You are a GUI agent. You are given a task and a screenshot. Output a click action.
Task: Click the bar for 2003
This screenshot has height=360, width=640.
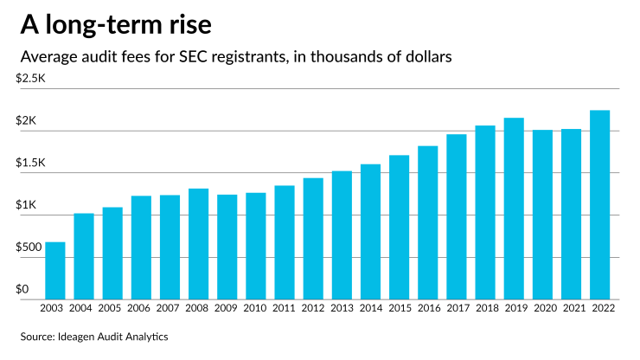tap(54, 270)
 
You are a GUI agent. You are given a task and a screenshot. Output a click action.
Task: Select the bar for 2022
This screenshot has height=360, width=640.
tap(599, 204)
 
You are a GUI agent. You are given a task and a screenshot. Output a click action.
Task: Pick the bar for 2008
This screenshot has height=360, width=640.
tap(198, 243)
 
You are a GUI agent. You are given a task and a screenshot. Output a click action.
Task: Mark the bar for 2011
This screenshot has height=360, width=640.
tap(285, 241)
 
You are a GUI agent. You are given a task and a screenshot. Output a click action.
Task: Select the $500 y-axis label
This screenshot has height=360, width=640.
tap(31, 247)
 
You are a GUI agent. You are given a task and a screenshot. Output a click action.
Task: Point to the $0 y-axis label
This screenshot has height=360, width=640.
tap(24, 289)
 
